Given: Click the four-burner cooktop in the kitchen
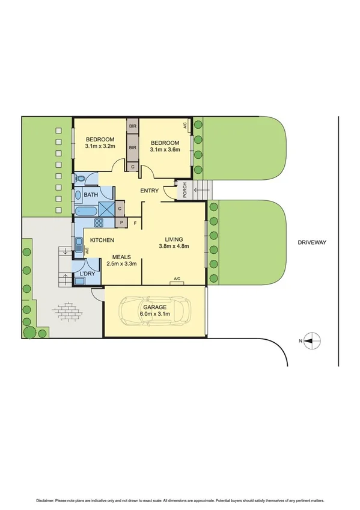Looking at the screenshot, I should (99, 223).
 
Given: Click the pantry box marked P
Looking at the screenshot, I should (122, 223).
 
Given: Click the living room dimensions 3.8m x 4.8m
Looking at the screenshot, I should (174, 245).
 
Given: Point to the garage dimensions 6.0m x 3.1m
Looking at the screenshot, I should (154, 313).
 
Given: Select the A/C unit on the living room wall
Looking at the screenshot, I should (177, 279).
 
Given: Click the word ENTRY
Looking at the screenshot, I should (150, 191).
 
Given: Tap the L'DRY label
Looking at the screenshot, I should (87, 275).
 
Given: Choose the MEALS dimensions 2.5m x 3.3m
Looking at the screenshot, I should (121, 263).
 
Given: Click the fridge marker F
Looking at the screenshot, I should (135, 224).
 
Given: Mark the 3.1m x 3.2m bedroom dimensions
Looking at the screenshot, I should (100, 146).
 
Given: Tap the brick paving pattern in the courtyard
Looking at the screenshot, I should (66, 311).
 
